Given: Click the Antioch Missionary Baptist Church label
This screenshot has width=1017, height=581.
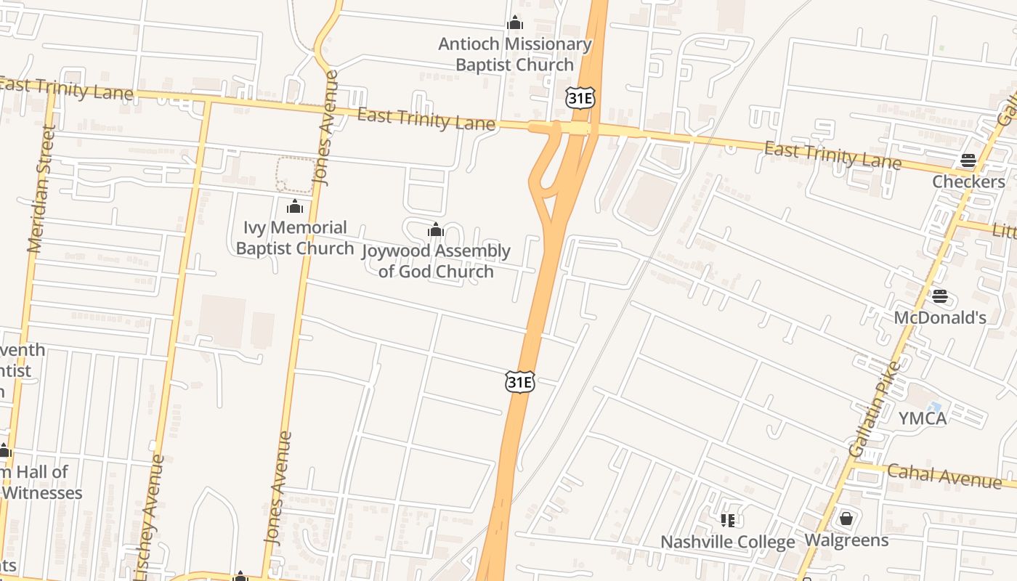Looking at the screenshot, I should (x=514, y=54).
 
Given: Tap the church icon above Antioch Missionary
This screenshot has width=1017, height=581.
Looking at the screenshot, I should (x=515, y=23).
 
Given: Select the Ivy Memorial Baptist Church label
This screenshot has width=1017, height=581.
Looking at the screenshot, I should (x=294, y=238).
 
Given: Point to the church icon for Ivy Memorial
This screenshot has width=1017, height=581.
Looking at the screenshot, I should (x=294, y=207).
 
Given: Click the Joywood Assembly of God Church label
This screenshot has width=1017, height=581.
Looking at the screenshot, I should (x=436, y=261).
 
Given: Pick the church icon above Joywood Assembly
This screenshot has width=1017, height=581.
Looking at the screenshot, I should (x=436, y=230).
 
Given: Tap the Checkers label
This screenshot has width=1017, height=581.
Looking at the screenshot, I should (x=968, y=182).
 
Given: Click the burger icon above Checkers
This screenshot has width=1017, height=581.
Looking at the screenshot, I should (x=968, y=161).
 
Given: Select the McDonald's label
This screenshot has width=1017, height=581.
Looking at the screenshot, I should (x=940, y=317).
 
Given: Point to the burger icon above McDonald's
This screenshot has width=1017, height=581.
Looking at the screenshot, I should (x=940, y=296).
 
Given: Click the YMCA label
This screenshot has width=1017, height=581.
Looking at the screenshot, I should (x=923, y=418).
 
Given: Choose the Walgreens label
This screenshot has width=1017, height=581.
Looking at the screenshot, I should (x=846, y=540).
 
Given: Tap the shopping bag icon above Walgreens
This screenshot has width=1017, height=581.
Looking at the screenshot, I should (x=846, y=519).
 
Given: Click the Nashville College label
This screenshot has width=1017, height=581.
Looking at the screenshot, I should (x=727, y=543).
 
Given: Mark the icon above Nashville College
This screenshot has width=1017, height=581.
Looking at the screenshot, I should (x=727, y=520).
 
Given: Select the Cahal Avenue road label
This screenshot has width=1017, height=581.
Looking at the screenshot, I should (x=944, y=476).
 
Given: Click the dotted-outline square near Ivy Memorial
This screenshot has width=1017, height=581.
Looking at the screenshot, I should (x=296, y=175).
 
